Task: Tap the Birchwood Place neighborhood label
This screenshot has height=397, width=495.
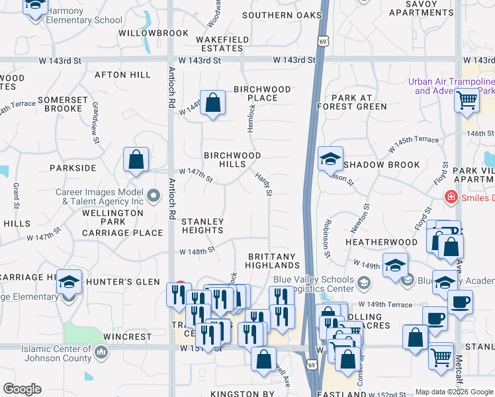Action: (262, 93)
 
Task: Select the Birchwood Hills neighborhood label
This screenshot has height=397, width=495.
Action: (232, 159)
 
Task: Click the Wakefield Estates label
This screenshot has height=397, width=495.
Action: (222, 44)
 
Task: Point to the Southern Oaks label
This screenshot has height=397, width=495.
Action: (277, 15)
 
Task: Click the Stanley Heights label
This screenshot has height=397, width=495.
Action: (202, 226)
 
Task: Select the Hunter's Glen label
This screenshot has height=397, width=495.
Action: (130, 282)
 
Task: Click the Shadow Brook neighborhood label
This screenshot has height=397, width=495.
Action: (382, 165)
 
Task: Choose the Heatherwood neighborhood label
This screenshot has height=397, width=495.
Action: (381, 242)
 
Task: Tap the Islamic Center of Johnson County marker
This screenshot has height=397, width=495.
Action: (101, 352)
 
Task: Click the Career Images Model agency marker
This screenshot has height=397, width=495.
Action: (154, 195)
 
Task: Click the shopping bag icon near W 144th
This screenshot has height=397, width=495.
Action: (212, 103)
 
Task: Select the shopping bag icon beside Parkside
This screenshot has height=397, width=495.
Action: (136, 160)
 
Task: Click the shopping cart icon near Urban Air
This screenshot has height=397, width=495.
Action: (467, 101)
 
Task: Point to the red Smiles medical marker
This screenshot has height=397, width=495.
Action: (451, 197)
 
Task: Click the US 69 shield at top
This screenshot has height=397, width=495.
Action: (322, 41)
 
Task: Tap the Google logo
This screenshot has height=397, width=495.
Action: (22, 389)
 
